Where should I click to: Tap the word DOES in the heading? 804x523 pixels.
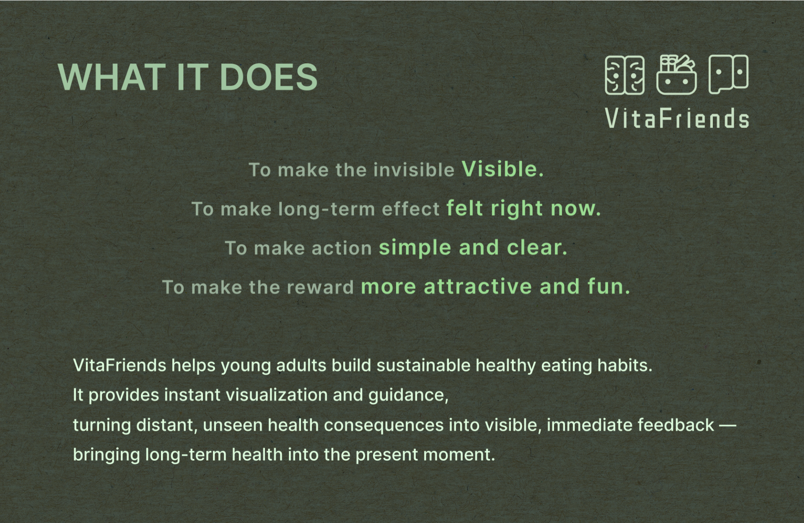click(269, 77)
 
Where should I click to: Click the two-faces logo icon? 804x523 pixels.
click(625, 75)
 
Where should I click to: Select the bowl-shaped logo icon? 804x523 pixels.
click(676, 75)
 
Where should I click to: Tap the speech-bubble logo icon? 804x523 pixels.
click(729, 74)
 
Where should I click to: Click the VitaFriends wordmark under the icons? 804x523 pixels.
click(677, 119)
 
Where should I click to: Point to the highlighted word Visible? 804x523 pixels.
click(503, 169)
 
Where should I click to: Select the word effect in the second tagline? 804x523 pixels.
click(411, 209)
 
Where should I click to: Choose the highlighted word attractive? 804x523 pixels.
click(478, 287)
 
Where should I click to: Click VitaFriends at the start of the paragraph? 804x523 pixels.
click(120, 365)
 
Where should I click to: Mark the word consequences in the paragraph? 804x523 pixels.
click(383, 425)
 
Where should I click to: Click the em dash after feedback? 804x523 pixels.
click(728, 425)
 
